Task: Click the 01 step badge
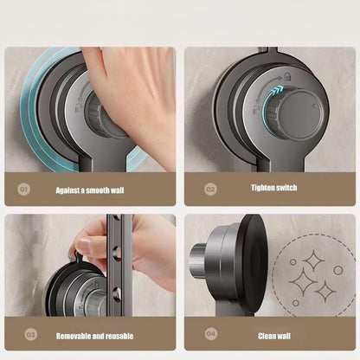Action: [x=23, y=188]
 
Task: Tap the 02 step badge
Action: [x=210, y=188]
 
